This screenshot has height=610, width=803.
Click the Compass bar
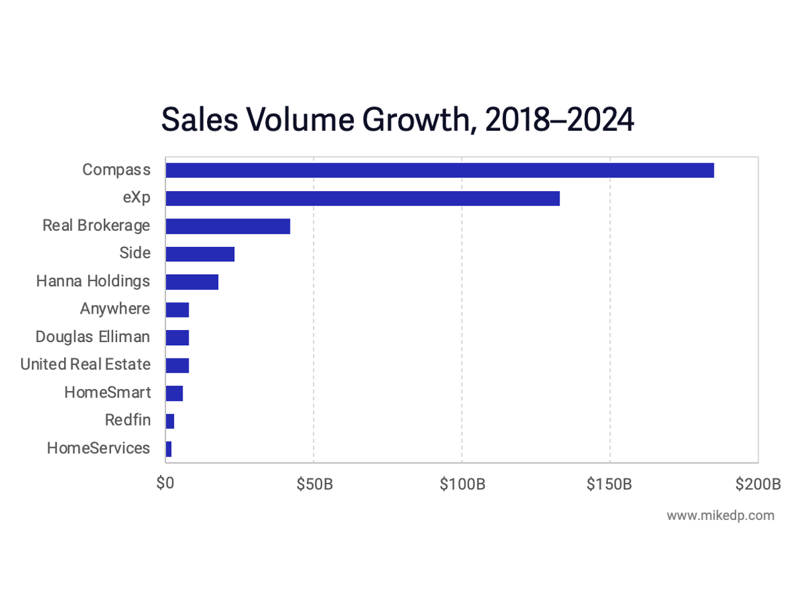click(439, 170)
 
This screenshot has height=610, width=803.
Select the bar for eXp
click(362, 198)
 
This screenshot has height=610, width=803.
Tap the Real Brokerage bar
click(228, 226)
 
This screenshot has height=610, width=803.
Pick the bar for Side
click(200, 254)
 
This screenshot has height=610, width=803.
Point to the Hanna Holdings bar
click(192, 282)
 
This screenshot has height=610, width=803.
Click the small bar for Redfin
click(170, 421)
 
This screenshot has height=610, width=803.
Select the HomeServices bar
click(169, 449)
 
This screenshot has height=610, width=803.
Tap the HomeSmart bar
click(174, 393)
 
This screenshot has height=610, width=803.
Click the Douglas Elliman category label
click(93, 337)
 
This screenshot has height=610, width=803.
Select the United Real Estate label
click(85, 365)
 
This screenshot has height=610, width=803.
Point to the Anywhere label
click(115, 309)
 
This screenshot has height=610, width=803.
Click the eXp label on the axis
click(136, 198)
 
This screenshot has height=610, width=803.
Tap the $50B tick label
click(314, 484)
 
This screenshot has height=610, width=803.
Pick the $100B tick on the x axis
click(462, 484)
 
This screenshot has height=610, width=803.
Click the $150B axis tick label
click(610, 484)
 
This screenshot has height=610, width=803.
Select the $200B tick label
click(758, 484)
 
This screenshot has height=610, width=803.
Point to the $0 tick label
click(165, 484)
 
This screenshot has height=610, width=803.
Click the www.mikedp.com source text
click(720, 515)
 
